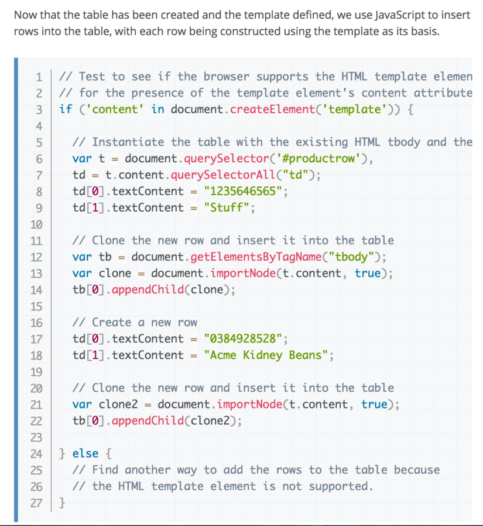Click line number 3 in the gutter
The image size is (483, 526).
[x=39, y=109]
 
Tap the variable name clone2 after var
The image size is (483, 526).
[x=118, y=404]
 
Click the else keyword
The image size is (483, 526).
[x=85, y=453]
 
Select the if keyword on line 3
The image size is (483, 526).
[x=66, y=109]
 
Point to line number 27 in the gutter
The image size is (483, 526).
[x=36, y=502]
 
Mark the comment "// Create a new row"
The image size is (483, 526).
[x=135, y=322]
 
